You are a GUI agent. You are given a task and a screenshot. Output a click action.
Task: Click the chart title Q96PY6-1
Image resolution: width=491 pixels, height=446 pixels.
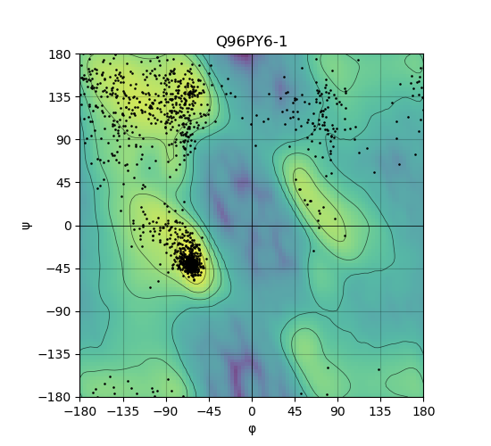(252, 42)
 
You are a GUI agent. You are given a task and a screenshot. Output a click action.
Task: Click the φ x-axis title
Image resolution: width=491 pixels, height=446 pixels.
(252, 429)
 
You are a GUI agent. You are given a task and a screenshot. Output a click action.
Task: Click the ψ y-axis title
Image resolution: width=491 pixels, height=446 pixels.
(27, 226)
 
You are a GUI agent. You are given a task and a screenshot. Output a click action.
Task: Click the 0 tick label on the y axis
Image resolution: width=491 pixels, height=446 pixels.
(68, 226)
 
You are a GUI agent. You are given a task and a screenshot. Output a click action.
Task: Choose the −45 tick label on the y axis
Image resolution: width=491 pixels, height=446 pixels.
(59, 268)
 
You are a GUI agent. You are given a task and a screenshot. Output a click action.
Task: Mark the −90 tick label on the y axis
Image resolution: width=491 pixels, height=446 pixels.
(59, 311)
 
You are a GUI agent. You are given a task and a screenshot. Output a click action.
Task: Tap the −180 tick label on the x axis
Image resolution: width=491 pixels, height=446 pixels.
(80, 411)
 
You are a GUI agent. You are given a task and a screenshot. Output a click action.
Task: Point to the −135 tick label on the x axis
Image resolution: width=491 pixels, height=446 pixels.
(123, 411)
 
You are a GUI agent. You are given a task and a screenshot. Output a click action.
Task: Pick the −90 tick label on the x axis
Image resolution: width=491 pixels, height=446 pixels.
(166, 411)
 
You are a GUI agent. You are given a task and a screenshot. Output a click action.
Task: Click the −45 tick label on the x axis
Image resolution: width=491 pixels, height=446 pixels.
(209, 411)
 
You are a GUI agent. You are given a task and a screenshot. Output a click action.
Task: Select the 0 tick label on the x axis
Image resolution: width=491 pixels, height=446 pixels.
(252, 411)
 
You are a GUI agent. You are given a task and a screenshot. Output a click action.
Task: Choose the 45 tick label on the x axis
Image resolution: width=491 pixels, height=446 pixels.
(295, 411)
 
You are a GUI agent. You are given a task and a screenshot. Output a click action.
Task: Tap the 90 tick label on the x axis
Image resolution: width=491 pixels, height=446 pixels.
(337, 411)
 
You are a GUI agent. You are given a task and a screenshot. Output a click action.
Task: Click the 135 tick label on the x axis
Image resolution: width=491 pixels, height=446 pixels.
(380, 411)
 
